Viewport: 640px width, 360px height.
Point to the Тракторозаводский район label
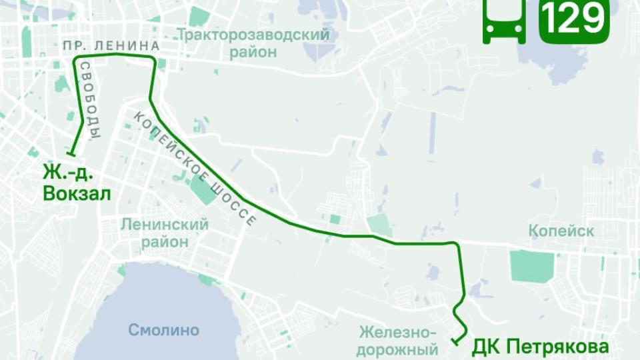[254, 43]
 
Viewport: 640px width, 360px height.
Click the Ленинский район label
[165, 233]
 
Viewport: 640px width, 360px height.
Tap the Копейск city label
[561, 231]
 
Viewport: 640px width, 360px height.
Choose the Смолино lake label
[164, 330]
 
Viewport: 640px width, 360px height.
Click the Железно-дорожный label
[397, 340]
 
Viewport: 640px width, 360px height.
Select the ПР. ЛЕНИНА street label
[111, 46]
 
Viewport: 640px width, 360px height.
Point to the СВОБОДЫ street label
[90, 100]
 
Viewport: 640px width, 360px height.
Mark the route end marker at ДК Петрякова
[455, 343]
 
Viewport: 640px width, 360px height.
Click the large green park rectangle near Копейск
[532, 266]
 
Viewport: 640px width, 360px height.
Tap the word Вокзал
[77, 193]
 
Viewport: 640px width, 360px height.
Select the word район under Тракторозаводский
[254, 52]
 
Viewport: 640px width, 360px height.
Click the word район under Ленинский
[165, 241]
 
